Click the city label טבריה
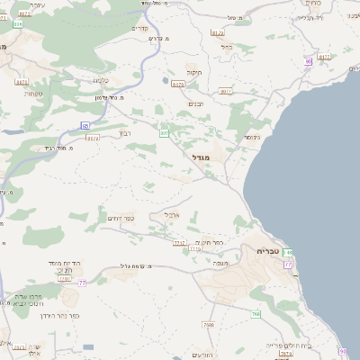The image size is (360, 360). click(x=270, y=251)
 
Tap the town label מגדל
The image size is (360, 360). click(x=200, y=157)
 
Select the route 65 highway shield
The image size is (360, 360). click(x=85, y=125)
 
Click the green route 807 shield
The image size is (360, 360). click(x=165, y=133)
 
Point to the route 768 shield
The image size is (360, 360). click(x=256, y=314)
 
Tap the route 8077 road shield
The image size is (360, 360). click(x=226, y=92)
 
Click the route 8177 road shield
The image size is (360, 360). click(x=325, y=57)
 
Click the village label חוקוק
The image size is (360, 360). click(x=193, y=72)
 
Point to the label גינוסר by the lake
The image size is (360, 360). click(x=251, y=137)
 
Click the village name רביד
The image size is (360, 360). click(x=125, y=132)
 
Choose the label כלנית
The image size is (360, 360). click(x=100, y=79)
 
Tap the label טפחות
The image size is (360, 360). click(x=34, y=94)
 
